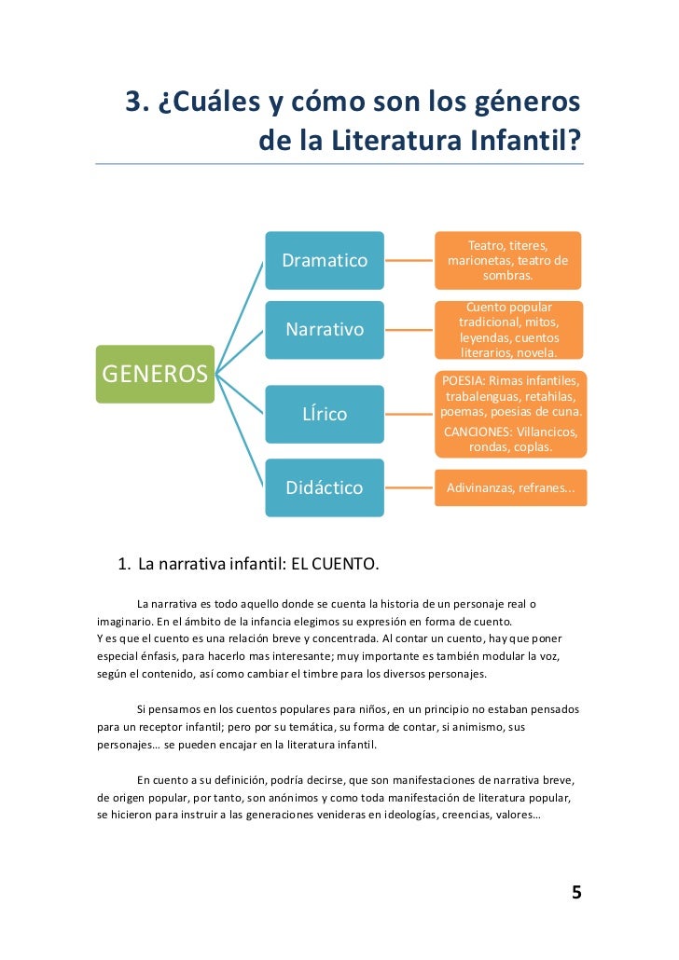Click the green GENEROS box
[x=155, y=374]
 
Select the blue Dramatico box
[x=325, y=260]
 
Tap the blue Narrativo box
[x=325, y=330]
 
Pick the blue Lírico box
[x=325, y=414]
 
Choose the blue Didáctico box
[x=325, y=487]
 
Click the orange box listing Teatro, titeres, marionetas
[x=507, y=260]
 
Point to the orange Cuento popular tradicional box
[x=508, y=330]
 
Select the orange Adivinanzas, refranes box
[x=510, y=487]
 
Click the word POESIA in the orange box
[x=463, y=381]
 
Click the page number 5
[x=576, y=893]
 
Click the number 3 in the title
[x=132, y=103]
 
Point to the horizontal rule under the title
[x=339, y=164]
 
